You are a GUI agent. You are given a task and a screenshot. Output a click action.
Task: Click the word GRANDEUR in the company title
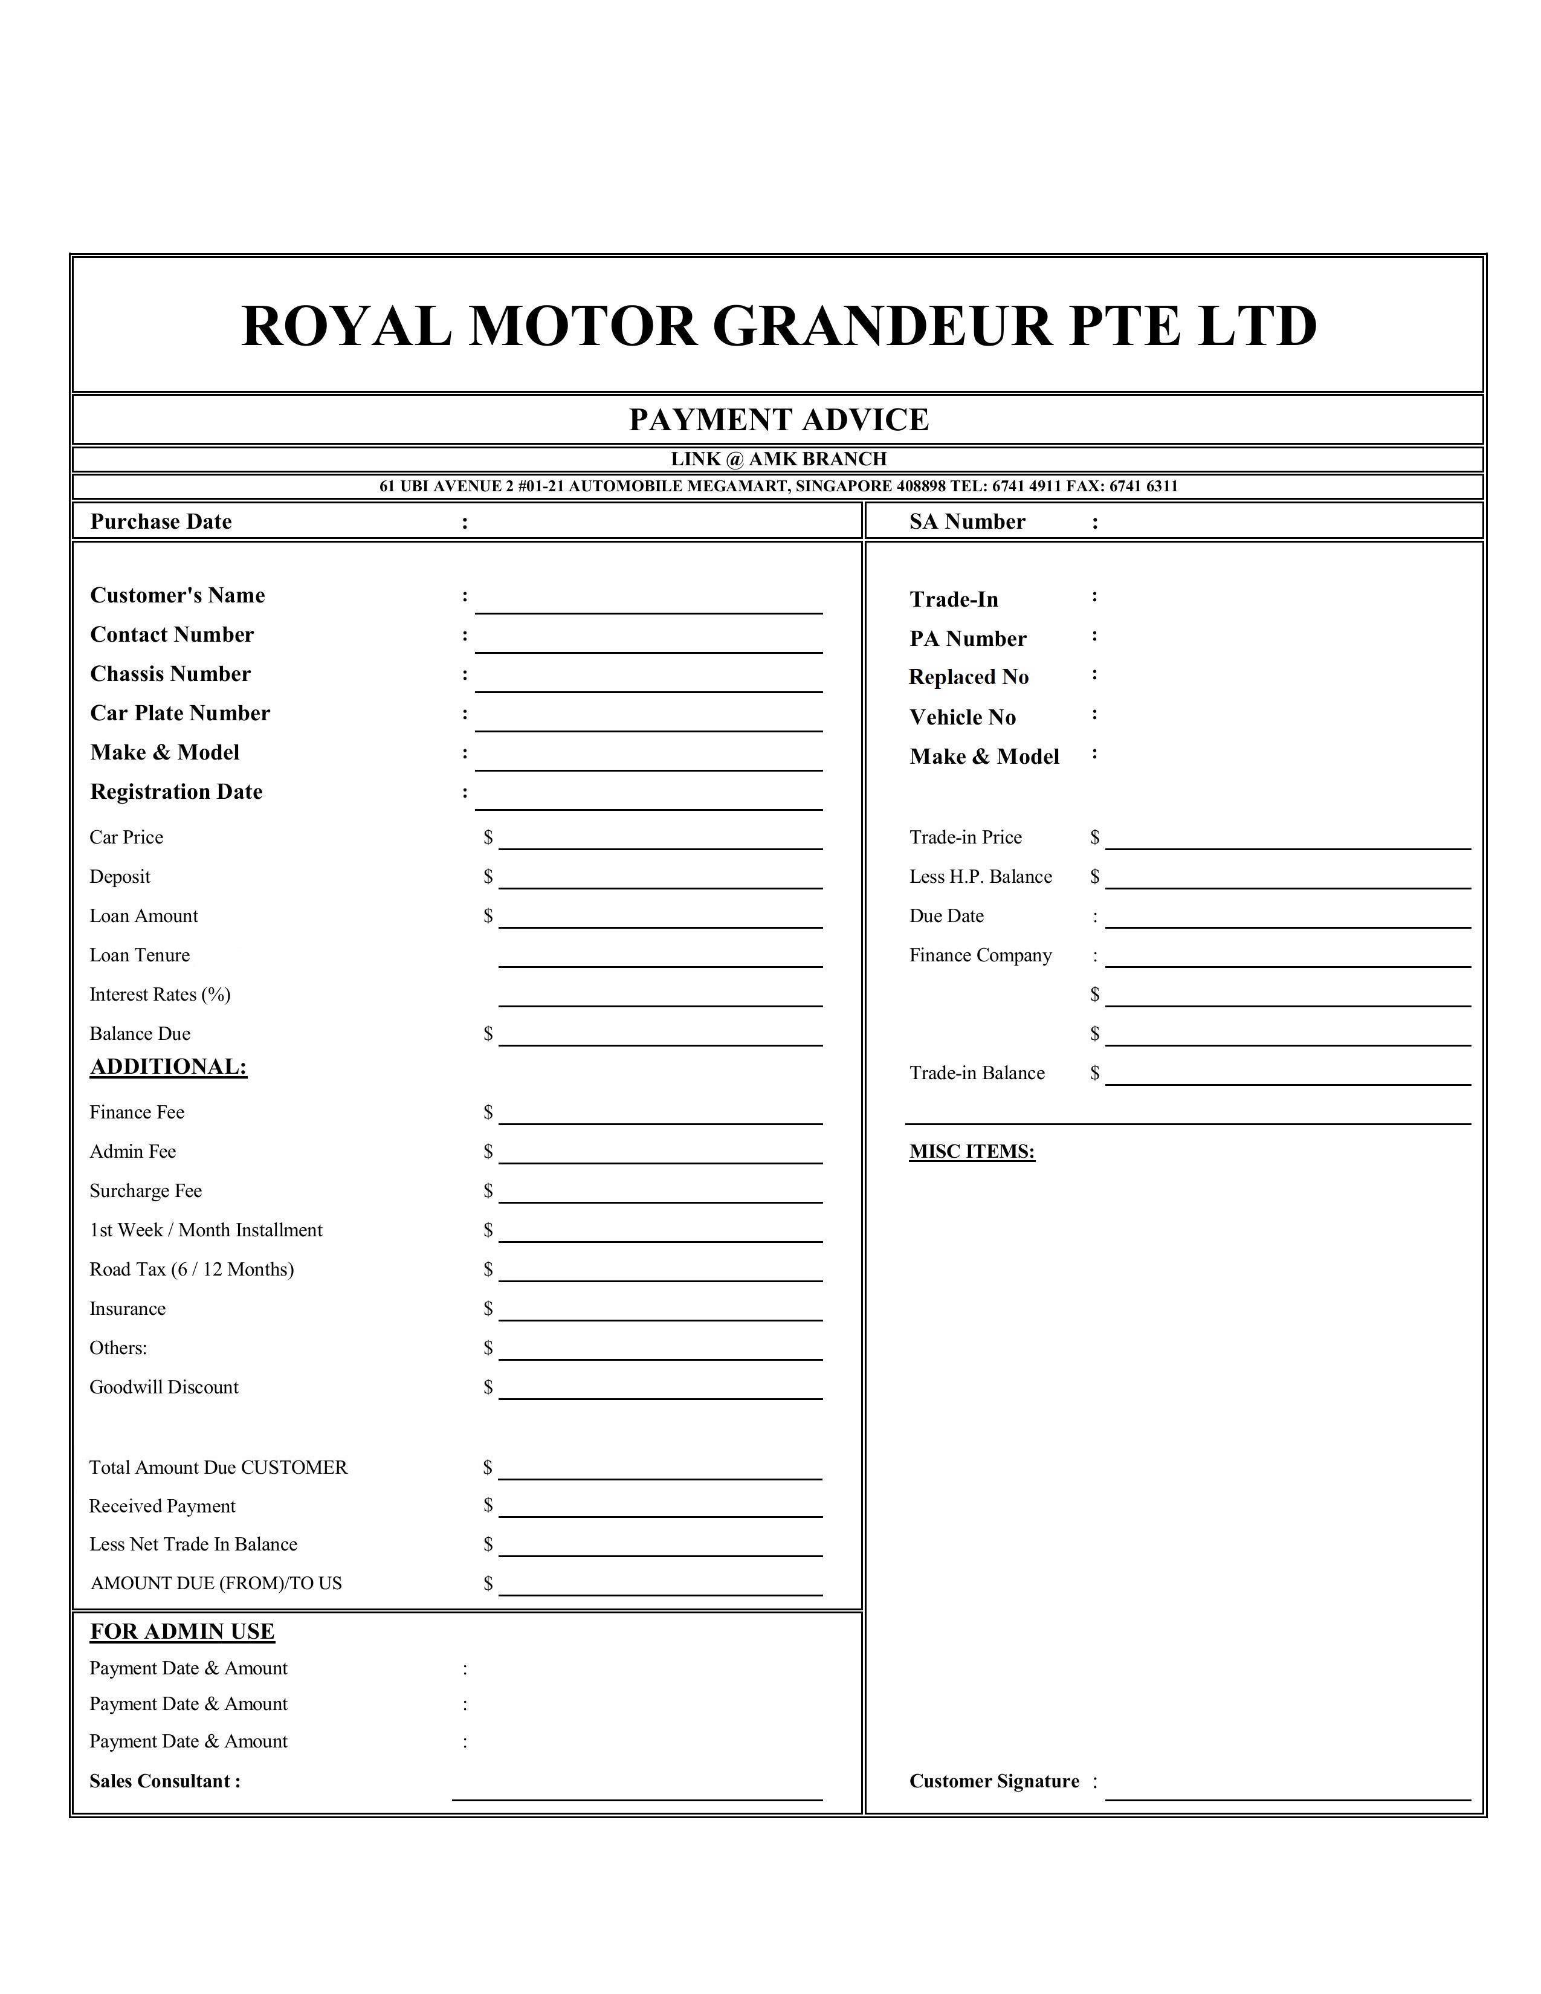(881, 326)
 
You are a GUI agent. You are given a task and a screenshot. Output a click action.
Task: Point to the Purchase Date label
(161, 522)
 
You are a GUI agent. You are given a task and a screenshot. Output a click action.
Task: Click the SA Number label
(967, 522)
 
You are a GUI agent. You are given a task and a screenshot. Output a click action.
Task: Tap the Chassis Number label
(170, 675)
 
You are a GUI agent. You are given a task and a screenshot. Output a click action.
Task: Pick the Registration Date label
(176, 793)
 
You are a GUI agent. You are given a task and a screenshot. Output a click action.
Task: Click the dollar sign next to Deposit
(488, 877)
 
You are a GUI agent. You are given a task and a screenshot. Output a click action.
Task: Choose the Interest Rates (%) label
(160, 995)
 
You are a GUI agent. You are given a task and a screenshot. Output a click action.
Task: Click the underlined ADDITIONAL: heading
(168, 1067)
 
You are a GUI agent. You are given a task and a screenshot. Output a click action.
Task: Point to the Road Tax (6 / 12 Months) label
(192, 1270)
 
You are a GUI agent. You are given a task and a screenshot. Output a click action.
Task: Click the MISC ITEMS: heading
(971, 1152)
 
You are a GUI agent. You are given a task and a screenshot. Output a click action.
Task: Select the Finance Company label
(980, 956)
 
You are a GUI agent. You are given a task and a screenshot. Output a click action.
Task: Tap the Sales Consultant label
(164, 1781)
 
